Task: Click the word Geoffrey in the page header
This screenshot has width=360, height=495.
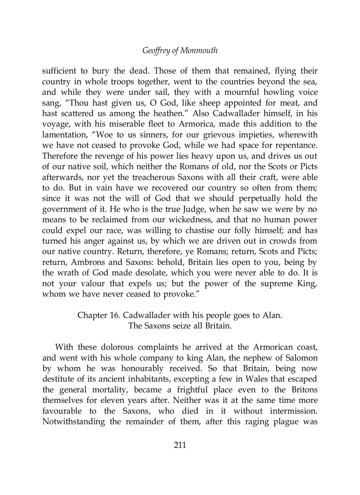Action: tap(156, 51)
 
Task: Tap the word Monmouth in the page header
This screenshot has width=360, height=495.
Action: tap(198, 51)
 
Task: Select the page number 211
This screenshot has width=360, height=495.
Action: tap(180, 445)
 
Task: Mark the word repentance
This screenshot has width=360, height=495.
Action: tap(295, 146)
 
